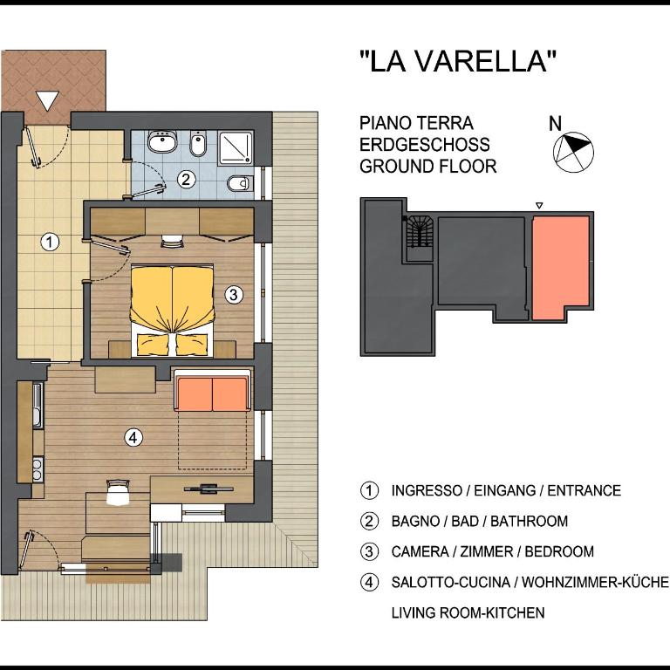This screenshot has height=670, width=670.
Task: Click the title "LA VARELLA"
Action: click(458, 61)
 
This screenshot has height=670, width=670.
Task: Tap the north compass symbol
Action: click(573, 152)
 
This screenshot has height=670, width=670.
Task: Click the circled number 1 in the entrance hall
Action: click(50, 242)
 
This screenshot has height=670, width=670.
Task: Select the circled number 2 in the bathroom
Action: click(186, 179)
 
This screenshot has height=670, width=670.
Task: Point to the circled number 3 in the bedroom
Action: click(233, 294)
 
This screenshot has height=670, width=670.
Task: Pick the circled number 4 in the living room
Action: click(133, 438)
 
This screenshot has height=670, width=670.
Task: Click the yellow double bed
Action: click(172, 311)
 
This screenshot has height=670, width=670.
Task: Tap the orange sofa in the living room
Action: click(212, 394)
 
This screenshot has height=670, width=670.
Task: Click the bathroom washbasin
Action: click(162, 141)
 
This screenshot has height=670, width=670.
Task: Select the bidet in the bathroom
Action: click(198, 143)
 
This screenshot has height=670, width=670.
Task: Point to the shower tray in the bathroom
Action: click(236, 147)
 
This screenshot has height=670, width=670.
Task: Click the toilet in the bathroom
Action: click(240, 184)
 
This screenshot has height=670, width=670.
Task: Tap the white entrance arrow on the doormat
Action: click(47, 101)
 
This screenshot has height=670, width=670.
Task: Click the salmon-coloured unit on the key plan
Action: click(561, 267)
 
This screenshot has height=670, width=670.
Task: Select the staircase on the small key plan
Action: click(420, 231)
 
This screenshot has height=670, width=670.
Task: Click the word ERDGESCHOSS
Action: click(424, 145)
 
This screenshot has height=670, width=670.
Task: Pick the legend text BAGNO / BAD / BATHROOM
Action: click(480, 522)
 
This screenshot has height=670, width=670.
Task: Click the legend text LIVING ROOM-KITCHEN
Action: click(468, 612)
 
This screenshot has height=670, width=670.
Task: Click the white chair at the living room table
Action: click(118, 492)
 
